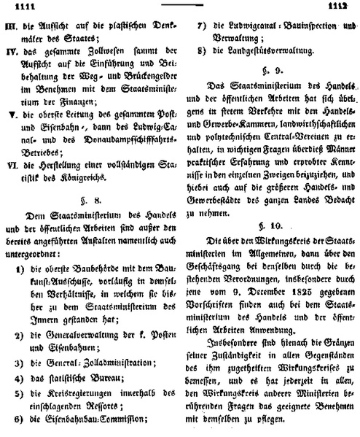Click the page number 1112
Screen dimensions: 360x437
[x=343, y=7]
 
